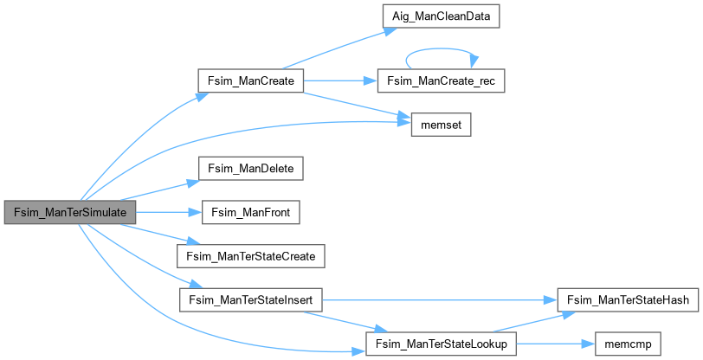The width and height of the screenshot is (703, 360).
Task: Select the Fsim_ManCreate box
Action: (x=250, y=81)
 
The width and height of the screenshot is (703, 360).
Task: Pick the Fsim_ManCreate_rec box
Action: (x=441, y=81)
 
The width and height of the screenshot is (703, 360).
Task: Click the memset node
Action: (x=441, y=125)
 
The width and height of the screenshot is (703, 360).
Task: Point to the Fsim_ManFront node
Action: (x=250, y=212)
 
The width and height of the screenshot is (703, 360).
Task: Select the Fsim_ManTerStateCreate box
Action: (x=250, y=256)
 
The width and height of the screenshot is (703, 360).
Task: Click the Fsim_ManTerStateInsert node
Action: (x=250, y=300)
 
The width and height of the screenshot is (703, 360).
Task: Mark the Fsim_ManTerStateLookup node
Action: (x=441, y=344)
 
